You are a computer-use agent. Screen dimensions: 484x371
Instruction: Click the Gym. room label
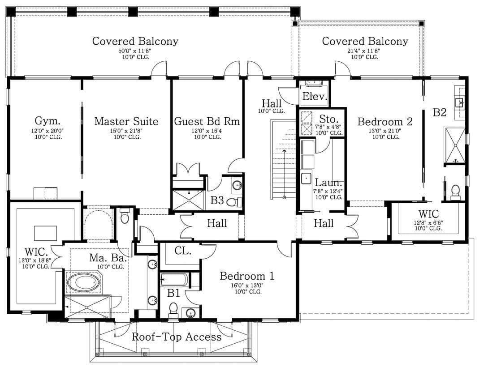coord(47,121)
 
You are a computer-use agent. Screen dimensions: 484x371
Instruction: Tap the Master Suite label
coord(126,121)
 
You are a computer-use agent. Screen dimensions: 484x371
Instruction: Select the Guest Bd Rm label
coord(207,121)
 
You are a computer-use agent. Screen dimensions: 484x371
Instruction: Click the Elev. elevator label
coord(315,97)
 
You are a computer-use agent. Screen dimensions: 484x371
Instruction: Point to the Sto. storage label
coord(328,119)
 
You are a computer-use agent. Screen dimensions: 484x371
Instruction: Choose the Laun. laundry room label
coord(328,183)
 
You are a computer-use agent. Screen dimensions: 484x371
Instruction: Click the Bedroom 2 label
coord(385,121)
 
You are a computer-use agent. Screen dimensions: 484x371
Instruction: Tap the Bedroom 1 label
coord(247,276)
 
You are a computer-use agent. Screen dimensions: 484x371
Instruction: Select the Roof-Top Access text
coord(177,337)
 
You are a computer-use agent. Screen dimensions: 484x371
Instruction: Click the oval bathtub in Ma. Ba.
coord(84,283)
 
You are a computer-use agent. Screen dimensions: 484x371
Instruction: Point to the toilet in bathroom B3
coord(234,202)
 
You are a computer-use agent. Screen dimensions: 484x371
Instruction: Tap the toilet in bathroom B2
coord(455,192)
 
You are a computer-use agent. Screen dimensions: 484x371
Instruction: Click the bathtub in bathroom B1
coord(174,280)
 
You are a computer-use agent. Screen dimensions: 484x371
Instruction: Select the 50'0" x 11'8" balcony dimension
coord(134,51)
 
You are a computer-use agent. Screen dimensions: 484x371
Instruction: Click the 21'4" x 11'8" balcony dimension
coord(363,51)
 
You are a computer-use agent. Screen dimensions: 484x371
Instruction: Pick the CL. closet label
coord(183,251)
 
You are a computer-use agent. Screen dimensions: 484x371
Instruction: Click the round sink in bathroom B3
coord(237,185)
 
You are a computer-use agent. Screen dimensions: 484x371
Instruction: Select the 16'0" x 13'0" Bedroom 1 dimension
coord(247,286)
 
